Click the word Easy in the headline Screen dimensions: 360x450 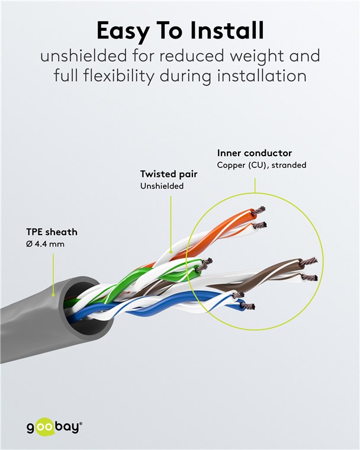pyautogui.click(x=123, y=31)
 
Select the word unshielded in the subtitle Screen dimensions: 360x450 pyautogui.click(x=83, y=56)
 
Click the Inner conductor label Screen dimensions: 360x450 pyautogui.click(x=255, y=153)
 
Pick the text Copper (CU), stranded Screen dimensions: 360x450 pyautogui.click(x=262, y=165)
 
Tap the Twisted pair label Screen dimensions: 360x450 pyautogui.click(x=169, y=174)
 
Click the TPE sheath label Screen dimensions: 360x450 pyautogui.click(x=52, y=232)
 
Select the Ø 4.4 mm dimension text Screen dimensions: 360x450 pyautogui.click(x=45, y=244)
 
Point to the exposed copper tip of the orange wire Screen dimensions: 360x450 pyautogui.click(x=260, y=210)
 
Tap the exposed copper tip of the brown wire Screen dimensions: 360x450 pyautogui.click(x=311, y=261)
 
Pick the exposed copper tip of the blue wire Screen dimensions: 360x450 pyautogui.click(x=249, y=307)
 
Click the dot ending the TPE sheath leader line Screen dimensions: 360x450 pyautogui.click(x=53, y=295)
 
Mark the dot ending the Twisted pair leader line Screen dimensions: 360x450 pyautogui.click(x=171, y=252)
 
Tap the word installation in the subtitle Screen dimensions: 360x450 pyautogui.click(x=262, y=76)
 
